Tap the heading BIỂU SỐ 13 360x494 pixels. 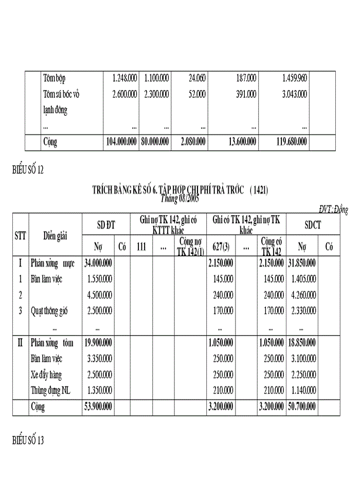(28, 440)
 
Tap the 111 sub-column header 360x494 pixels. (141, 247)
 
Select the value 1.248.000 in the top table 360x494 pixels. (124, 78)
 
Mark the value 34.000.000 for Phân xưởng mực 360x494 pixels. (98, 263)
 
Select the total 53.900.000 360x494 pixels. (98, 407)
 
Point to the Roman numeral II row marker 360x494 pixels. (20, 342)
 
